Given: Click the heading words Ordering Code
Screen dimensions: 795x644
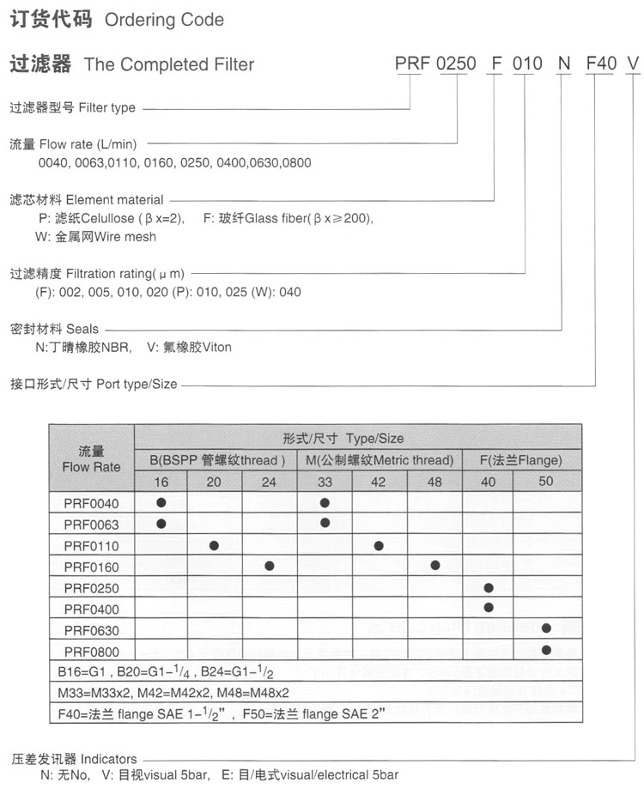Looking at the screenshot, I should point(164,20).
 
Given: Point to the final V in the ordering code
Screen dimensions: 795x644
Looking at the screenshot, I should point(633,64).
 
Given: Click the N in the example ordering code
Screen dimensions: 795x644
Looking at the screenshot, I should point(563,64).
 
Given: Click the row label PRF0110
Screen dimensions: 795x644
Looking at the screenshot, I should point(92,545).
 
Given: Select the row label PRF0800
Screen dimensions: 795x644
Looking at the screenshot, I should point(92,650).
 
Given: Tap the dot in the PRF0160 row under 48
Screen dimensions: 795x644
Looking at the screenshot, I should point(435,566).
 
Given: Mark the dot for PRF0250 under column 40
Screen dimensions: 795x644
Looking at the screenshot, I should point(489,587).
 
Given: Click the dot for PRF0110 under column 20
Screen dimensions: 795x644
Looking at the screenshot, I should point(215,545).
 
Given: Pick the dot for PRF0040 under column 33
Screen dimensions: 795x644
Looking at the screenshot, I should point(325,503).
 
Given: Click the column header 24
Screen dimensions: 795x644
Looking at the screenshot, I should point(269,482).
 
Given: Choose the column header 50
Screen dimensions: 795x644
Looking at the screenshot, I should point(546,482).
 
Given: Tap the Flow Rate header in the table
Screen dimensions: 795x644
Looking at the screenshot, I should point(92,459).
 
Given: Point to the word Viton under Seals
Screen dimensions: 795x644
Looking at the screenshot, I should point(216,348).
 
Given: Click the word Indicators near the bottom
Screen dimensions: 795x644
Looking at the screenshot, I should point(108,759).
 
